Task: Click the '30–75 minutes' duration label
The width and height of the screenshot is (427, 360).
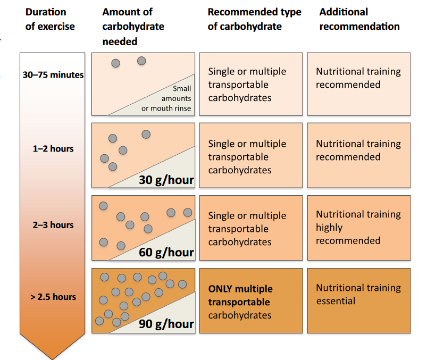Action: coord(53,74)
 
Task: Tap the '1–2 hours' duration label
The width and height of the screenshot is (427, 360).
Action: coord(53,149)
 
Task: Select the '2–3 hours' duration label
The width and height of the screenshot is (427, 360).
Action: coord(53,225)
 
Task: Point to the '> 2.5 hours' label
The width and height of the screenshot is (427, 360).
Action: coord(53,297)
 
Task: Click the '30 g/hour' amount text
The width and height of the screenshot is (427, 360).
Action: coord(166,180)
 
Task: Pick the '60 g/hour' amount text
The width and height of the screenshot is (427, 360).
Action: coord(166,253)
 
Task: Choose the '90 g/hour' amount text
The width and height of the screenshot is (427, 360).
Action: coord(166,324)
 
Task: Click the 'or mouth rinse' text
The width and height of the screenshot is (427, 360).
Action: coord(166,108)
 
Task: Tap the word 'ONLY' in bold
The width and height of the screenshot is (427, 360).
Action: coord(220,289)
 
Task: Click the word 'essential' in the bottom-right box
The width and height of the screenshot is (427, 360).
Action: coord(336,301)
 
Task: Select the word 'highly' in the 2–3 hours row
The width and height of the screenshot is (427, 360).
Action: coord(329,228)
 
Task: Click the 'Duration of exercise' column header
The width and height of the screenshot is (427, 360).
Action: coord(50,19)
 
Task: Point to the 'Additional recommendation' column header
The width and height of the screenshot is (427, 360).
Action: coord(359,19)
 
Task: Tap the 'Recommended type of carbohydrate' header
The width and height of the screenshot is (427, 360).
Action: coord(254,19)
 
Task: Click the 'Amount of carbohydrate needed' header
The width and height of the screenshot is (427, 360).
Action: coord(133,27)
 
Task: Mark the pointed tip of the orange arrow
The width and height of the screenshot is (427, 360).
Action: coord(52,359)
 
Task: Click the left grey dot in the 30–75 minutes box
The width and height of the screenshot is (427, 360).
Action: coord(116,63)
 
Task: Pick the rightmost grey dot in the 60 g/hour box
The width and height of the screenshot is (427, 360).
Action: coord(188,212)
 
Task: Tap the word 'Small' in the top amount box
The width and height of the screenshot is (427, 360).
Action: coord(182,89)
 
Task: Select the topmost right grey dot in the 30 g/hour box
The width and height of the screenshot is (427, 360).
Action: coord(146,134)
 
